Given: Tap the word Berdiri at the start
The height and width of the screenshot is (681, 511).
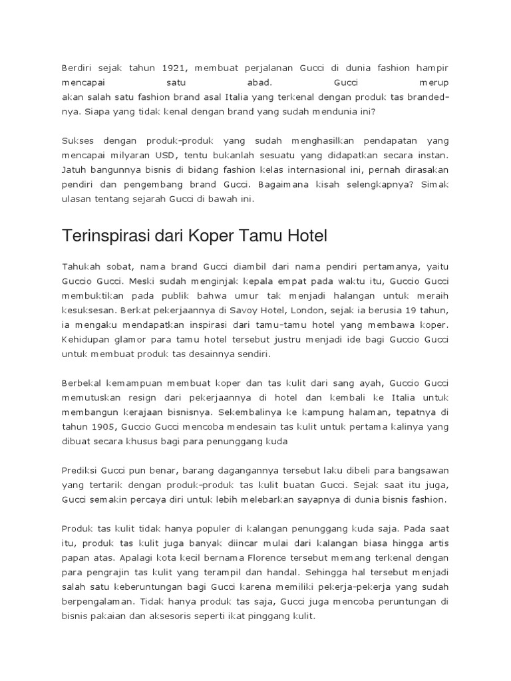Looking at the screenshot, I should pos(75,68).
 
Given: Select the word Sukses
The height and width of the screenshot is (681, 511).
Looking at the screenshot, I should pos(77,141).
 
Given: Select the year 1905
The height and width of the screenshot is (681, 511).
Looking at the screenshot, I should pos(107,427).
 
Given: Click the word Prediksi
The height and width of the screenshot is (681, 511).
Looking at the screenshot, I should pos(79,471).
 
